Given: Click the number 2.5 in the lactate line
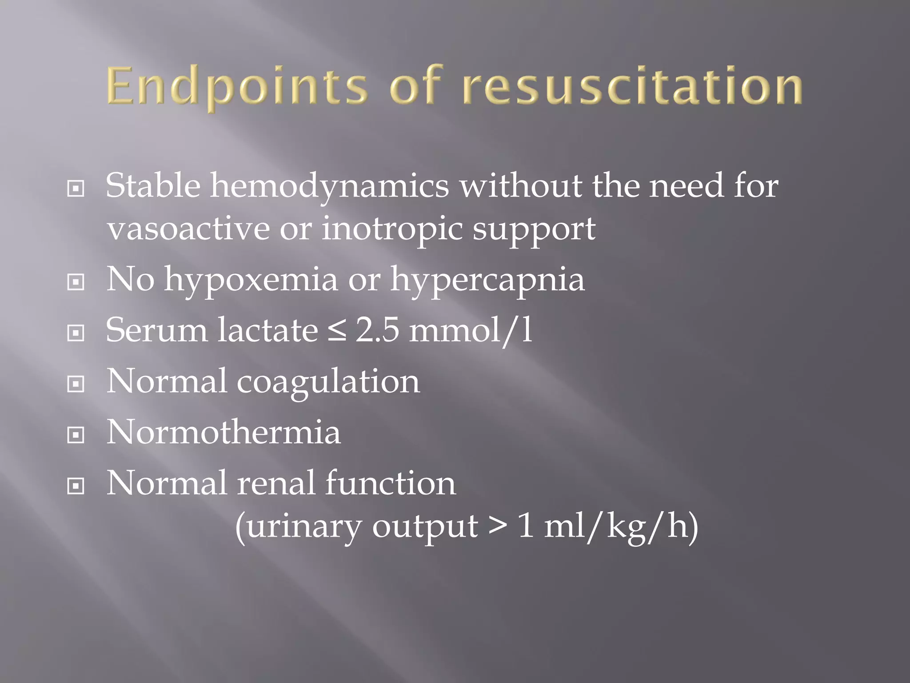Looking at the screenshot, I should pos(377,331).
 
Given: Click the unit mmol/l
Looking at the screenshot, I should pos(471,331).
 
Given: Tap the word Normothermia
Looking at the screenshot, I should pos(224,432).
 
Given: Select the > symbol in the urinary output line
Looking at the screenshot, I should pos(497,526).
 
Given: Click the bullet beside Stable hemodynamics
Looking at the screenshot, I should pos(76,189).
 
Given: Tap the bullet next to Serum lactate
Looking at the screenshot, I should pos(76,333).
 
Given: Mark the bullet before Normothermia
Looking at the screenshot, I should pos(76,435).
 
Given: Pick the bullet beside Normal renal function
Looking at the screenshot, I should pos(76,486).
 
